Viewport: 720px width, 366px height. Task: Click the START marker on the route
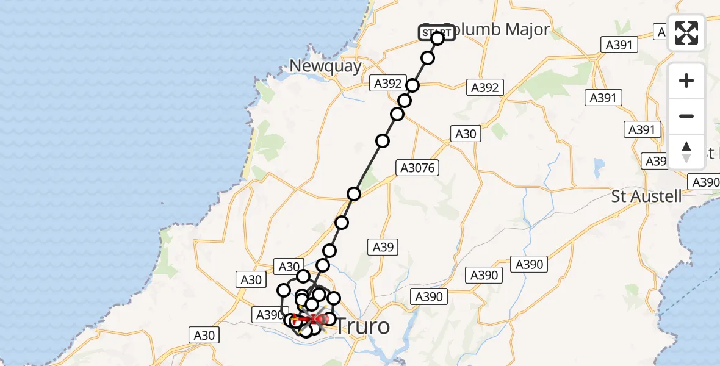coord(437,33)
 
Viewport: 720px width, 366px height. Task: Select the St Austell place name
coord(647,196)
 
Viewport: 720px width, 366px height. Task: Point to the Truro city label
coord(362,326)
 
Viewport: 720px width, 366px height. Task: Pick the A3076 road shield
coord(418,168)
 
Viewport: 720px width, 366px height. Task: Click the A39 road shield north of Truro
coord(383,246)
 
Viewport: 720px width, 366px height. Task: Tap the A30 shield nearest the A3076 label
coord(466,134)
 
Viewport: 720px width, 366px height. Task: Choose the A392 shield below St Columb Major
coord(485,87)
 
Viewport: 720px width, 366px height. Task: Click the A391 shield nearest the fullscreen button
coord(619,44)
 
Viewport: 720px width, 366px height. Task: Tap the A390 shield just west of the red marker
coord(268,315)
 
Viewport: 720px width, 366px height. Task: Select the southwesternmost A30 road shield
coord(204,334)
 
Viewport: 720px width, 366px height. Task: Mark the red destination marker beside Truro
coord(321,318)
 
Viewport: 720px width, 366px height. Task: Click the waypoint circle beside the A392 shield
coord(413,85)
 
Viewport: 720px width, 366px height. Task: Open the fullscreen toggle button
coord(686,33)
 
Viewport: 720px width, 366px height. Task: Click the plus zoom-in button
coord(686,81)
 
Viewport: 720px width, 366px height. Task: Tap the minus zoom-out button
coord(686,116)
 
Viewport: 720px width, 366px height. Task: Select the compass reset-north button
coord(686,151)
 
